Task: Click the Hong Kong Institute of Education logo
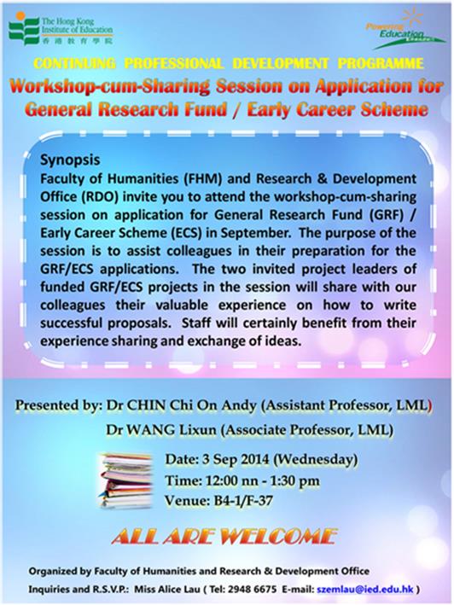61,29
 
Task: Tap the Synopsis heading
70,160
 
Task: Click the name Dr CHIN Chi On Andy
181,405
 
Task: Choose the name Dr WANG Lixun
161,430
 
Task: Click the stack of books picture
125,480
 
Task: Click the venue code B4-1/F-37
243,501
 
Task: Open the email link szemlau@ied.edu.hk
365,589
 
